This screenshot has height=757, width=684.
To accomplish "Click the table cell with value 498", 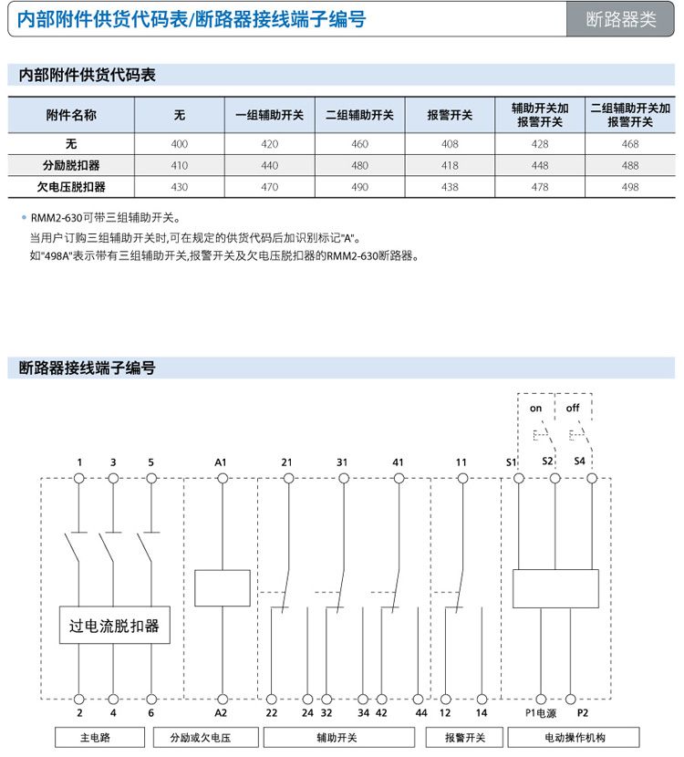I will pyautogui.click(x=630, y=186).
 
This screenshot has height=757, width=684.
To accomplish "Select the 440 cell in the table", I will pyautogui.click(x=269, y=165).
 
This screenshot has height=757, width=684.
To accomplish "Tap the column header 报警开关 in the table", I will pyautogui.click(x=450, y=115).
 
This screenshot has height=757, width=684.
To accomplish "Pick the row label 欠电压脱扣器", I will pyautogui.click(x=71, y=186).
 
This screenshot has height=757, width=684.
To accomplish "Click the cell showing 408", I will pyautogui.click(x=450, y=144).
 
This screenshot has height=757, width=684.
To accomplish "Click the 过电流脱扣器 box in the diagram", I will pyautogui.click(x=114, y=626).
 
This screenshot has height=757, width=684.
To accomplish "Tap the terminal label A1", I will pyautogui.click(x=221, y=462).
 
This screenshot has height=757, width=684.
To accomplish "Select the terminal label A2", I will pyautogui.click(x=221, y=712).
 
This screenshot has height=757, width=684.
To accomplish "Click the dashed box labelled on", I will pyautogui.click(x=535, y=408).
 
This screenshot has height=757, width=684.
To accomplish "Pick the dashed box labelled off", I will pyautogui.click(x=573, y=408).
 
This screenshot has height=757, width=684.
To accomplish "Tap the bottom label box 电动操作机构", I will pyautogui.click(x=575, y=737).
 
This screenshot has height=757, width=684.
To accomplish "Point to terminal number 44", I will pyautogui.click(x=420, y=712).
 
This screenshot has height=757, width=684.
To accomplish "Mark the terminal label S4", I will pyautogui.click(x=580, y=461).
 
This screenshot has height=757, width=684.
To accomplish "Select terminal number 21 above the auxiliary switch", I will pyautogui.click(x=286, y=462).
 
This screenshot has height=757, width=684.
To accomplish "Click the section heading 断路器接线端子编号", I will pyautogui.click(x=88, y=368).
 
